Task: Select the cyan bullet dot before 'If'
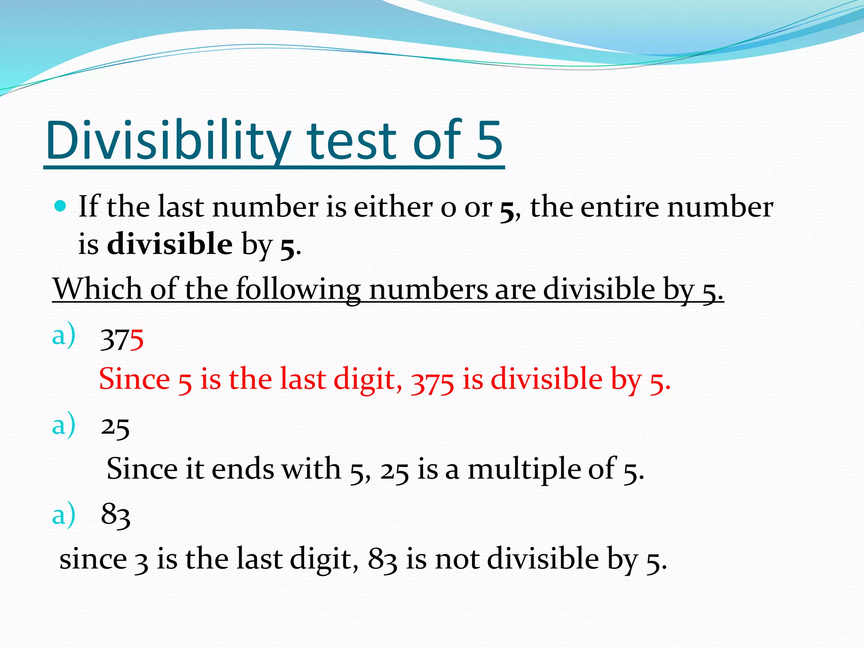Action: (61, 206)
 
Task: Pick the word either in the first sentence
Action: (393, 207)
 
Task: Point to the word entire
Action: (619, 207)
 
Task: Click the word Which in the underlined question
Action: (97, 289)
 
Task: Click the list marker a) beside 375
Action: (64, 335)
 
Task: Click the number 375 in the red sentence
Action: (432, 380)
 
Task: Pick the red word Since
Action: (134, 379)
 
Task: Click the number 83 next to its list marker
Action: (116, 515)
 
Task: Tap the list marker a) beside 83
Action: (64, 515)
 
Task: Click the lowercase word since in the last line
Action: (93, 559)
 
